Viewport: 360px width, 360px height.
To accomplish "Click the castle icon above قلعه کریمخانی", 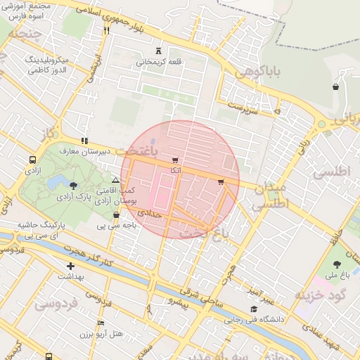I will coord(159,51).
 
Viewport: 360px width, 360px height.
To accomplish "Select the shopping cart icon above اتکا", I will coord(174,160).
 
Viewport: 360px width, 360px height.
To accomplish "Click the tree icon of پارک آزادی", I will coord(74,185).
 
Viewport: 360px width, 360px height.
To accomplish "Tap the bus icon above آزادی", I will coord(32,160).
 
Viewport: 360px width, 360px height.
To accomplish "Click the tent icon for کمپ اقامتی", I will coord(115,181).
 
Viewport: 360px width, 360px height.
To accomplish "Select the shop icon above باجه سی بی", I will coord(117,215).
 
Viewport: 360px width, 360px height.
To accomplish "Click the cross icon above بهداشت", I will coord(70,266).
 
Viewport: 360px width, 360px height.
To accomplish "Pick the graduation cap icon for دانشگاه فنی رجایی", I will coord(254,309).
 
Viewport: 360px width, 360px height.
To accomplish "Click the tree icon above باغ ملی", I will coord(337,264).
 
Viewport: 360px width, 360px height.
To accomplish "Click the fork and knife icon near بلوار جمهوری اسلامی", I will coord(107,30).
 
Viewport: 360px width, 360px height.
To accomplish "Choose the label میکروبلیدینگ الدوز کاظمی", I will coord(46,65).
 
